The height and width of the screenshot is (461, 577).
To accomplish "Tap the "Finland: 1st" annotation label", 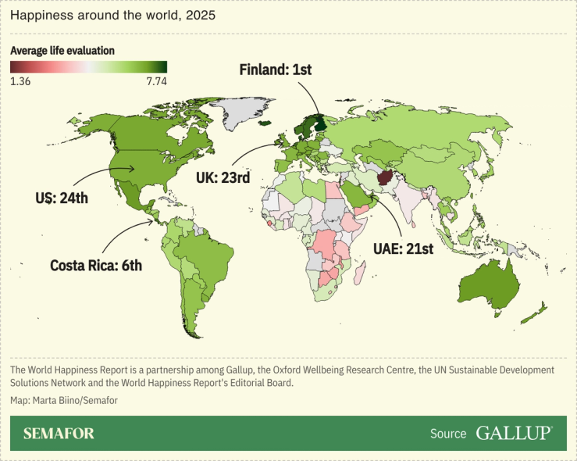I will (x=275, y=70).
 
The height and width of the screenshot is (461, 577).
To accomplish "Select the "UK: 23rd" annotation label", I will (x=223, y=178).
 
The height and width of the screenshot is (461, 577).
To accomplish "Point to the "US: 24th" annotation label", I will (x=62, y=198).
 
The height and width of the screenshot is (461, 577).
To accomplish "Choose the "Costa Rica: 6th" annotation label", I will (x=96, y=265).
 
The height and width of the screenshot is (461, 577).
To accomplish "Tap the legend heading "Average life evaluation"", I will (x=62, y=50).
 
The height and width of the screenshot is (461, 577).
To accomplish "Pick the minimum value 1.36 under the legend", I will (x=20, y=80).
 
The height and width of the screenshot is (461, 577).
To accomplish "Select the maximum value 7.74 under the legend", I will (x=155, y=80).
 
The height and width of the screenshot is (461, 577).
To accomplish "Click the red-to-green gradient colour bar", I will (x=88, y=66).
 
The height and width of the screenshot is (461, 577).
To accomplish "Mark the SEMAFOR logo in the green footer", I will (x=59, y=433).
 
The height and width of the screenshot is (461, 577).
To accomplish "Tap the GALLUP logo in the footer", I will (x=514, y=433).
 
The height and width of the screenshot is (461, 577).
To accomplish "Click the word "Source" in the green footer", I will (x=448, y=434).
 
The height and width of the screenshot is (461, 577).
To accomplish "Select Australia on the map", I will (x=487, y=282).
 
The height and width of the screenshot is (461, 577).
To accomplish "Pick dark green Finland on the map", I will (x=319, y=123).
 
